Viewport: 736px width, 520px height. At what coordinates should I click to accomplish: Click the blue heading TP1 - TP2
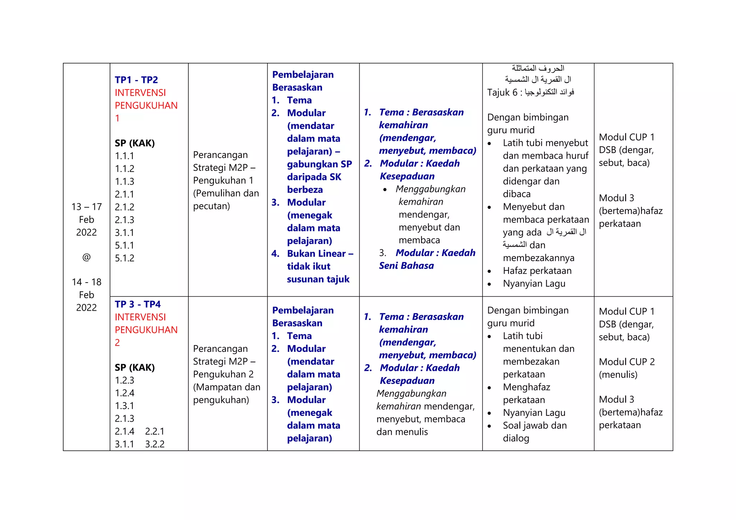tap(136, 80)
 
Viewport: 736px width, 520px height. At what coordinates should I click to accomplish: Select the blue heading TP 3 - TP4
tap(138, 304)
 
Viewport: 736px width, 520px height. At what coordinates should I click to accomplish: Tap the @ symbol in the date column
tap(86, 257)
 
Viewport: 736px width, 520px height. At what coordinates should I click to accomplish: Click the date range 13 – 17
tap(87, 207)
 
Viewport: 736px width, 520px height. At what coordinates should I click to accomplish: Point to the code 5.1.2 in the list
tap(124, 258)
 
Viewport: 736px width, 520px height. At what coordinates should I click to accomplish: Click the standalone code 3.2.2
tap(155, 444)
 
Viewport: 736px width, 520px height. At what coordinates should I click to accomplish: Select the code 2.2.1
tap(155, 431)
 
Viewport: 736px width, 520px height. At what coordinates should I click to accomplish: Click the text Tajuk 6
tap(502, 93)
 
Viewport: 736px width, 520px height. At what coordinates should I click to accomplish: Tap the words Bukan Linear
tap(316, 254)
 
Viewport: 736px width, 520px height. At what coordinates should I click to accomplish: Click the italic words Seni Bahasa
tap(406, 266)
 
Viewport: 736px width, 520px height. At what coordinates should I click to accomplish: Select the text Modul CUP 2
tap(627, 362)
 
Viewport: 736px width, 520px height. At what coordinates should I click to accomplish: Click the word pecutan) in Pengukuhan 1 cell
tap(211, 206)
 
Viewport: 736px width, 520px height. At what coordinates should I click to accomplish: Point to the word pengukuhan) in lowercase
tap(221, 400)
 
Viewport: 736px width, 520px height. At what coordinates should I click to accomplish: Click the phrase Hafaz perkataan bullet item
tap(537, 271)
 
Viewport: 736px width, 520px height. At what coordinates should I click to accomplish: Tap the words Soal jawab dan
tap(534, 426)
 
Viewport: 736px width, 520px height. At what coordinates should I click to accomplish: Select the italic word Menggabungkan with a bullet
tap(430, 189)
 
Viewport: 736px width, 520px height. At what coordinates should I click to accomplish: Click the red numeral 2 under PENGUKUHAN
tap(117, 343)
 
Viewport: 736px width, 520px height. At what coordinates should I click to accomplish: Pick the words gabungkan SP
tap(319, 164)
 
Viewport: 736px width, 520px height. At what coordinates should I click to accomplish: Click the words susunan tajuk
tap(318, 279)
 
